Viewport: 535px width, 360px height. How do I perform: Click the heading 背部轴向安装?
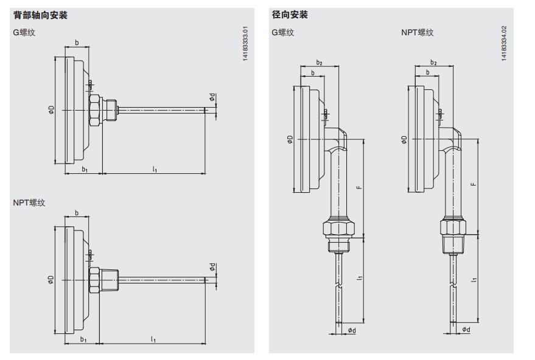(40, 15)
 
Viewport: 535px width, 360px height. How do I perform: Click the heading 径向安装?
(290, 15)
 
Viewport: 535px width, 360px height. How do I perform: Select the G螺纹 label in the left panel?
(24, 32)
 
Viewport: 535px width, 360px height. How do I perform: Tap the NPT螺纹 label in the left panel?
(29, 202)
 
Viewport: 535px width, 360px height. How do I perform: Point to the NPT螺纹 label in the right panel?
(417, 32)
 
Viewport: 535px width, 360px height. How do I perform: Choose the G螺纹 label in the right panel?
(282, 32)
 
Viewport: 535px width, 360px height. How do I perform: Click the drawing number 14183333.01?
(245, 44)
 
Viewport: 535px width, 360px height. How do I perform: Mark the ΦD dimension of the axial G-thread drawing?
(52, 109)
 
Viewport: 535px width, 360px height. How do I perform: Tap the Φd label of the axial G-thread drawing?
(212, 97)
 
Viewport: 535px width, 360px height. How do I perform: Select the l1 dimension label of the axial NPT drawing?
(154, 339)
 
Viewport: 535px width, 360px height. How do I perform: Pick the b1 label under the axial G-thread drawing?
(85, 170)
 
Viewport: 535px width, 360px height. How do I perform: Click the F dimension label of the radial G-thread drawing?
(359, 186)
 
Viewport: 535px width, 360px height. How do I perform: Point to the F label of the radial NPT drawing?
(474, 184)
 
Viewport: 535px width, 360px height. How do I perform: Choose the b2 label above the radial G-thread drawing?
(319, 63)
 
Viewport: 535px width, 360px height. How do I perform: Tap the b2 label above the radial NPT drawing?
(433, 63)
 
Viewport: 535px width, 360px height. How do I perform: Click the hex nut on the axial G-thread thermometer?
(95, 109)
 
